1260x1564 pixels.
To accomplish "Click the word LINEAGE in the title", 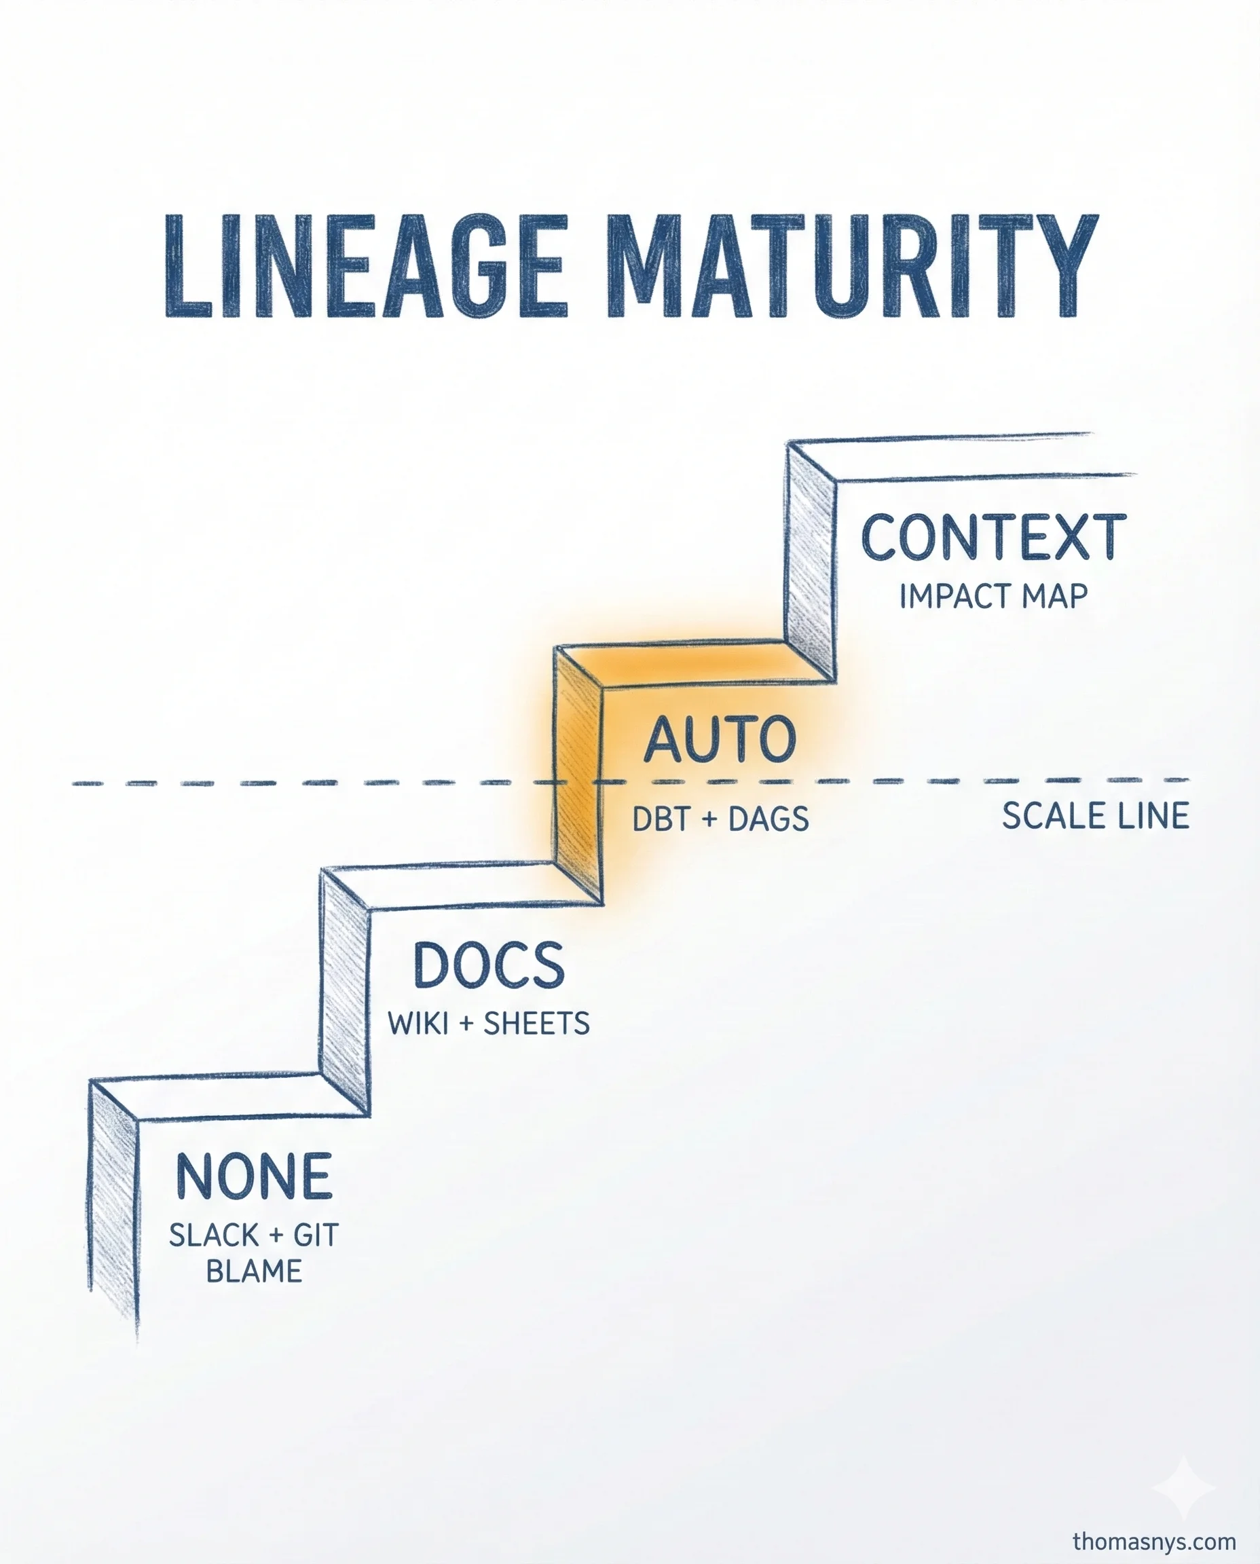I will click(x=365, y=266).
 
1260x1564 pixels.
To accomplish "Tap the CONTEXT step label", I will click(x=993, y=538).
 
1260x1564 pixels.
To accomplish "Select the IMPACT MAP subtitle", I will click(x=993, y=597).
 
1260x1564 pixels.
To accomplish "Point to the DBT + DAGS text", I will click(x=720, y=819).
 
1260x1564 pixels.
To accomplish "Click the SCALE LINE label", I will click(x=1094, y=816).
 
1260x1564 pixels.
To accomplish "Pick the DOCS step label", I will click(x=489, y=965).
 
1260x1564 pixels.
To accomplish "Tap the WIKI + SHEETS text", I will click(x=489, y=1023).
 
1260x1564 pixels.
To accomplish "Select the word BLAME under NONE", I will click(x=254, y=1271).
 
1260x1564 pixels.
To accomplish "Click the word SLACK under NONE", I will click(x=214, y=1235).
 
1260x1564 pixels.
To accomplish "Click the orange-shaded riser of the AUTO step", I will click(x=578, y=777).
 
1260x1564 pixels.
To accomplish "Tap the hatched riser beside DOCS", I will click(x=345, y=994).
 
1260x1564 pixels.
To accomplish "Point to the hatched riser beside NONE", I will click(x=113, y=1212).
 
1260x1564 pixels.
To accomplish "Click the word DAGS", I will click(x=768, y=819).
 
